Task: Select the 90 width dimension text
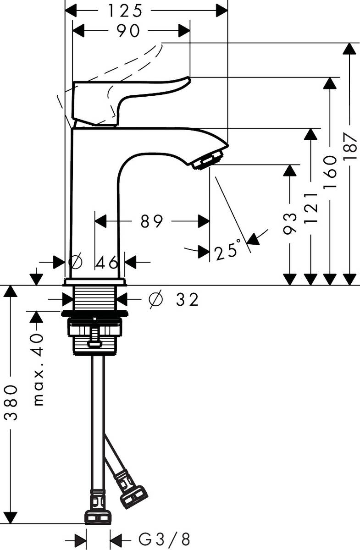128,31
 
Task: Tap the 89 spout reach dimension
152,222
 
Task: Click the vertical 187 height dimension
350,146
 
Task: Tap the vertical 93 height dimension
289,224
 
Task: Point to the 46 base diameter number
107,262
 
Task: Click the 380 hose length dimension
11,403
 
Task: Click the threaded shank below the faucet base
96,298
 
